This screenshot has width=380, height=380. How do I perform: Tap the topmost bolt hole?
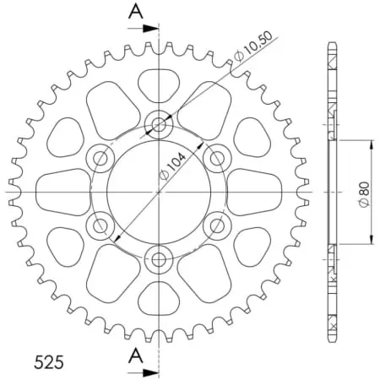(x=159, y=126)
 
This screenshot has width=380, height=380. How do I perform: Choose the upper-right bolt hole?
(x=216, y=158)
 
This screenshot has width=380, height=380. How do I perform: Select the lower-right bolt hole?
(x=216, y=225)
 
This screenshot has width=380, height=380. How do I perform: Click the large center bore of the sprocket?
(x=159, y=192)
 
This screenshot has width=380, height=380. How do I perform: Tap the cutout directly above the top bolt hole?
(x=159, y=84)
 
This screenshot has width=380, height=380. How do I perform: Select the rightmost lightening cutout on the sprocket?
(x=254, y=192)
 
